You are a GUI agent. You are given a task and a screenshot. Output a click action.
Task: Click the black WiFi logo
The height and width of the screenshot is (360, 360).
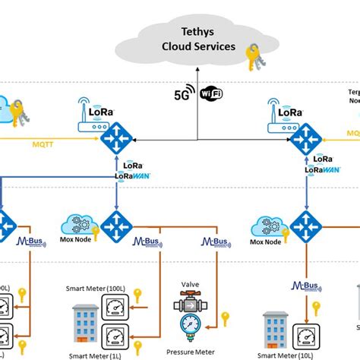212,94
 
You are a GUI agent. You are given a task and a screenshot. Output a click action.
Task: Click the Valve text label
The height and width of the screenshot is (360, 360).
190,285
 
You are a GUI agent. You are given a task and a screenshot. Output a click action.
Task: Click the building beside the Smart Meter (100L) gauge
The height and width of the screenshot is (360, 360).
85,319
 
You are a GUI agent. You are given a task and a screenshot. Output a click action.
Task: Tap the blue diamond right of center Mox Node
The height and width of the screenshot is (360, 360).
118,226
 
